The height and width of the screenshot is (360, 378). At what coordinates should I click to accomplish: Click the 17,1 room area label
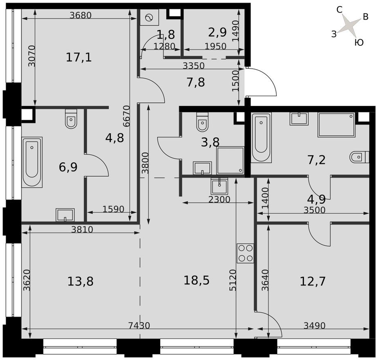(x=78, y=57)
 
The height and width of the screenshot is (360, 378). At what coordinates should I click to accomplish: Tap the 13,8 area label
(x=81, y=281)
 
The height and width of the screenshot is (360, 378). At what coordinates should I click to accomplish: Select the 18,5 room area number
(x=197, y=280)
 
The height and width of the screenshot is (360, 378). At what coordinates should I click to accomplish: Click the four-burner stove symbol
(x=245, y=253)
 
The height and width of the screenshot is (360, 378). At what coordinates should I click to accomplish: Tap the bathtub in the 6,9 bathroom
(x=32, y=162)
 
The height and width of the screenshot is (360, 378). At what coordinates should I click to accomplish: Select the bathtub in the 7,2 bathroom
(x=261, y=137)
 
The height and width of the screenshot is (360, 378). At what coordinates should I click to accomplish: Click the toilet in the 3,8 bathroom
(x=202, y=122)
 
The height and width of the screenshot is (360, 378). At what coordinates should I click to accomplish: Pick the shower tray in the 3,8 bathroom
(x=230, y=160)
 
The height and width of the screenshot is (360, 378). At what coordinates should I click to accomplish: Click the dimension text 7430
(x=139, y=326)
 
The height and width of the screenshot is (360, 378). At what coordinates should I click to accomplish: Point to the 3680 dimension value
(x=81, y=16)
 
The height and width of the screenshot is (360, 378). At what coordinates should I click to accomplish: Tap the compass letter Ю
(x=359, y=43)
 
